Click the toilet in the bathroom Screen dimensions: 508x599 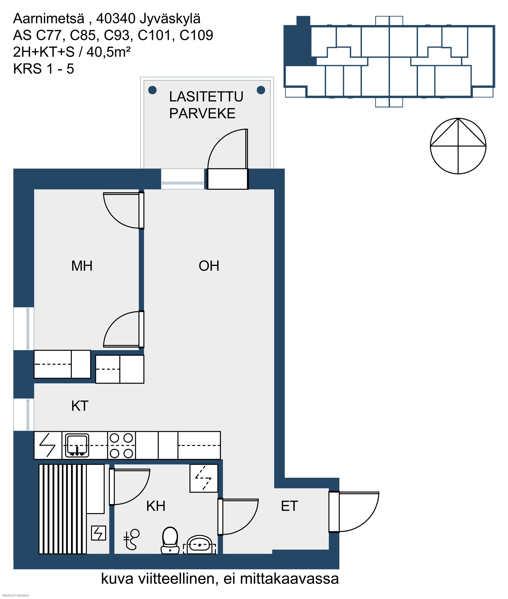click(170, 540)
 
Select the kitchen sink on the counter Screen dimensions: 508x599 click(77, 446)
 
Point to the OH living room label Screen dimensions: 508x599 click(209, 266)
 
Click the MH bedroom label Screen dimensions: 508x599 click(82, 266)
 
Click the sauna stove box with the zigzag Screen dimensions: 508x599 click(99, 533)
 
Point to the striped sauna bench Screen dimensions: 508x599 click(63, 509)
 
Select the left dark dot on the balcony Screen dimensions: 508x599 click(152, 90)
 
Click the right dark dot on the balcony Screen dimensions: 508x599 click(261, 90)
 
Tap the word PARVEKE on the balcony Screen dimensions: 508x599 click(202, 113)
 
